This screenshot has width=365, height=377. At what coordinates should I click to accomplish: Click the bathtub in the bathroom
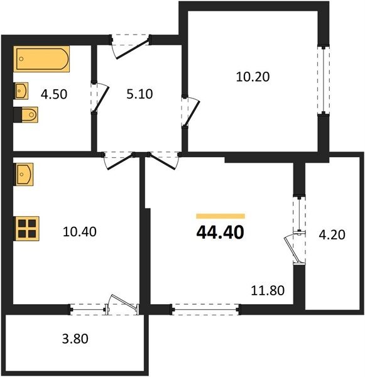(x=41, y=59)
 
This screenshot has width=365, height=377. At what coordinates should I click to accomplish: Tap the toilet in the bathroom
(x=26, y=115)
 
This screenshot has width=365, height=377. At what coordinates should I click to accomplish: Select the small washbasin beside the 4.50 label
(x=21, y=90)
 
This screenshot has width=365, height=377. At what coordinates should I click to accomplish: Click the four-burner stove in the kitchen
(x=26, y=229)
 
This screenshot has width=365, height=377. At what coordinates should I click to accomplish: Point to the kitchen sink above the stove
(x=24, y=174)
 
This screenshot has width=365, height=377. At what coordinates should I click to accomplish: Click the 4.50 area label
(x=54, y=94)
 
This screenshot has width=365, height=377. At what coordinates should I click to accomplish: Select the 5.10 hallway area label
(x=139, y=94)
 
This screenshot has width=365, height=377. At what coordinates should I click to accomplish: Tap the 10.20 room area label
(x=253, y=77)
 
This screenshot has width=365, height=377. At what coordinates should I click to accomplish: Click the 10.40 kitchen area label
(x=80, y=232)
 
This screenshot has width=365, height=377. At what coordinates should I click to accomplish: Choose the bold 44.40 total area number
(x=221, y=232)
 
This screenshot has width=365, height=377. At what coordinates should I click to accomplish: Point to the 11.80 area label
(x=268, y=290)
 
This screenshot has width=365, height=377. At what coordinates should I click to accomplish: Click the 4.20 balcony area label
(x=332, y=234)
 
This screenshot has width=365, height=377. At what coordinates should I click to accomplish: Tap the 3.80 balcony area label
(x=75, y=339)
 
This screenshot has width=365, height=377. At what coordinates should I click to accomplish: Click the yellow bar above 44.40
(x=221, y=216)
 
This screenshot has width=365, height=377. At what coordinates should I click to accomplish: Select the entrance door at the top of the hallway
(x=131, y=46)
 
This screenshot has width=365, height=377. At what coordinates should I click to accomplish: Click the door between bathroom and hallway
(x=100, y=97)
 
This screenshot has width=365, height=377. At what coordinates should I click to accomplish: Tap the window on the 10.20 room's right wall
(x=324, y=80)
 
